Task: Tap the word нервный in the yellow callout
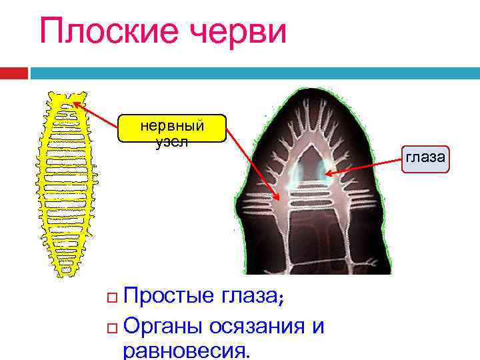pos(172,125)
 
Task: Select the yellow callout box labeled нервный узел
pos(171,129)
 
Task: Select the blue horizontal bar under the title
pos(253,72)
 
